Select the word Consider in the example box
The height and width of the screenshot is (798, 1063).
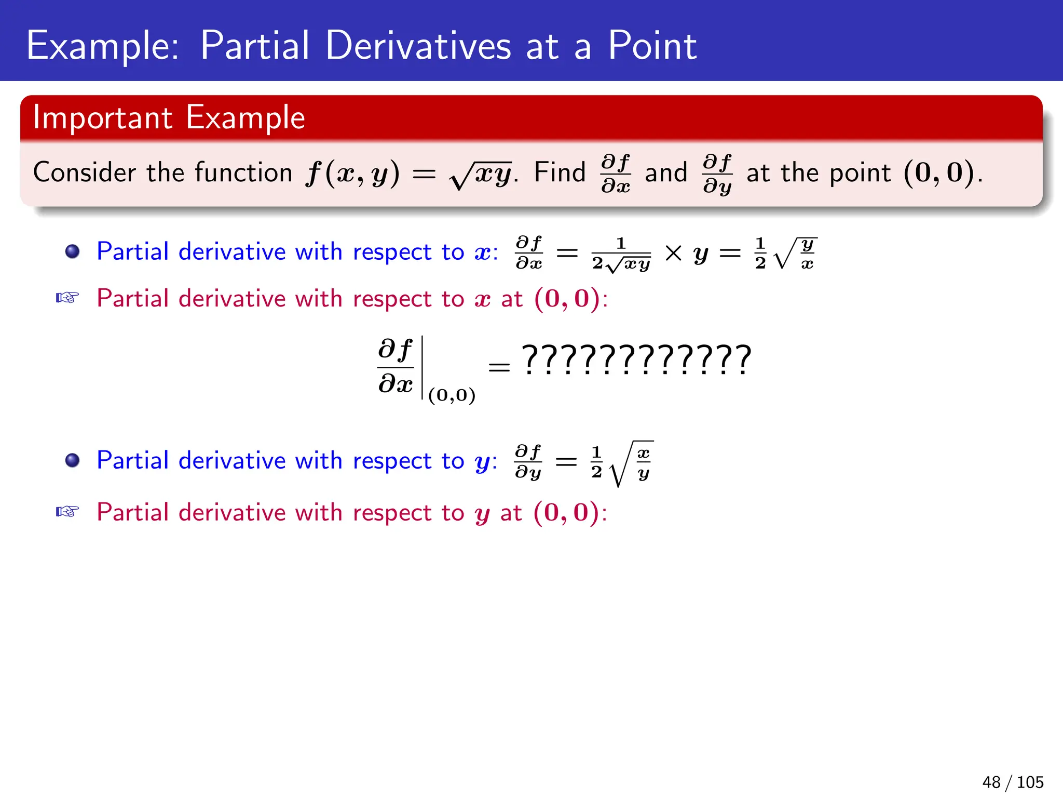(x=84, y=172)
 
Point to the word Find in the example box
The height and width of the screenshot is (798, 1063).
(x=559, y=172)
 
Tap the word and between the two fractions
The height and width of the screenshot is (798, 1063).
(x=666, y=173)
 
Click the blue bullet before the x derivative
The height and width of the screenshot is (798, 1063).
(x=72, y=252)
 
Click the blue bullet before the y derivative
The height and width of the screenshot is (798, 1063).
(x=72, y=460)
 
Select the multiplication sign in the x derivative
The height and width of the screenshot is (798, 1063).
(x=673, y=254)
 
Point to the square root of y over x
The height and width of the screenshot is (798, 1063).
(x=795, y=254)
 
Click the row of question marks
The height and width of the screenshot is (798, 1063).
(x=636, y=360)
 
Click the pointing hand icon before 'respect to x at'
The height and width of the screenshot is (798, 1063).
(x=67, y=298)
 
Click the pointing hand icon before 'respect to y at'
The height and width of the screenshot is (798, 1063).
(x=67, y=512)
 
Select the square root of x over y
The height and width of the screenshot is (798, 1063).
(x=632, y=463)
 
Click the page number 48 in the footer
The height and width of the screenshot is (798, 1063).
(x=991, y=782)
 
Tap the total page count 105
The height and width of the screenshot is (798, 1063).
(x=1030, y=782)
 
